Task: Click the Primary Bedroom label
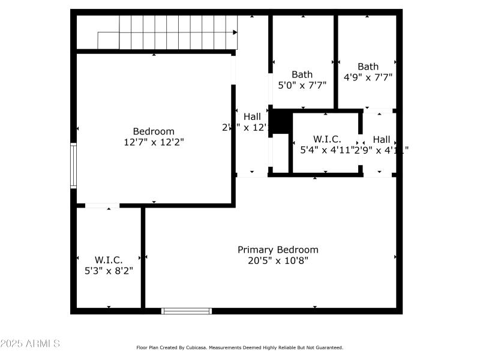tap(278, 250)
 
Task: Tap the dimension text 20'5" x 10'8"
tap(278, 260)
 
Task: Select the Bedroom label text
tap(154, 131)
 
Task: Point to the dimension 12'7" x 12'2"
tap(154, 142)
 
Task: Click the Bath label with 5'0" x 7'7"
tap(302, 74)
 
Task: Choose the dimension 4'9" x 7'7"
tap(368, 77)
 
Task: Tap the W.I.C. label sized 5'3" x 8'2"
tap(109, 260)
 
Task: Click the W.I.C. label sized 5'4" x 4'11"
tap(327, 139)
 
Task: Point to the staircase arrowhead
tap(235, 32)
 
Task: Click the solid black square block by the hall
tap(280, 122)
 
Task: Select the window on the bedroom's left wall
tap(73, 166)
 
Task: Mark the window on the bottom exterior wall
tap(187, 311)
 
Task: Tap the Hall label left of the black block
tap(252, 116)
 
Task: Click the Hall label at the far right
tap(381, 139)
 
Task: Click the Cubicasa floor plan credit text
tap(239, 347)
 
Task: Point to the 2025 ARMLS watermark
tap(30, 344)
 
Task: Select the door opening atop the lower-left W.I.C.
tap(102, 206)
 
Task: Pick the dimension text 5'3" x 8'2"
tap(109, 271)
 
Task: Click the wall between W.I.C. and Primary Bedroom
tap(143, 258)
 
